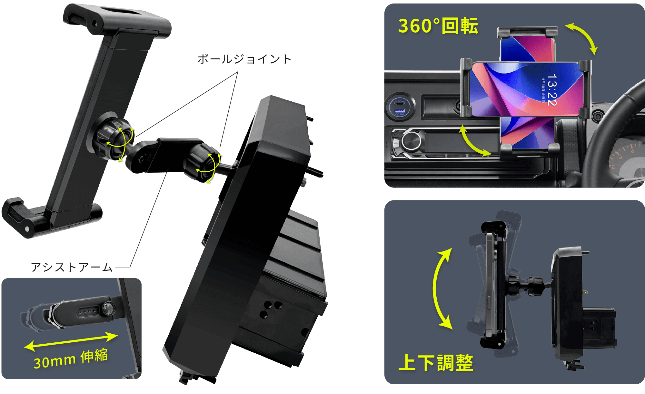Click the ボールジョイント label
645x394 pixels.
(x=244, y=59)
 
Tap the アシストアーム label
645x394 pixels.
(x=72, y=267)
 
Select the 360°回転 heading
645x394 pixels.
(x=438, y=26)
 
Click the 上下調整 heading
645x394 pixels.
(x=436, y=363)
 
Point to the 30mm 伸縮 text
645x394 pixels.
(x=71, y=359)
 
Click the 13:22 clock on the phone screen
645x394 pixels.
(x=552, y=90)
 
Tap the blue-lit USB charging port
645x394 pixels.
(x=400, y=107)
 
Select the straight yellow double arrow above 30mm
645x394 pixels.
(x=71, y=341)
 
